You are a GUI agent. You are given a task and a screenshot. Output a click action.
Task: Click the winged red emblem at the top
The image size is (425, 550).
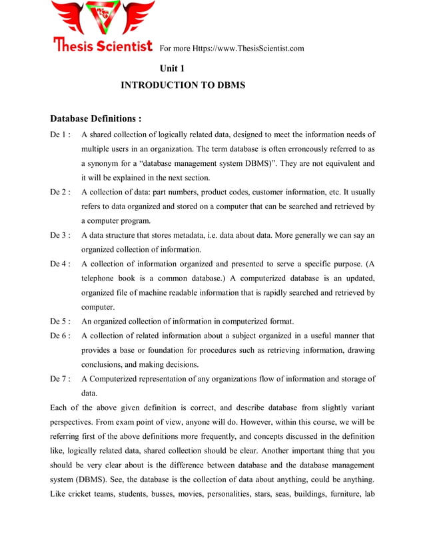click(103, 18)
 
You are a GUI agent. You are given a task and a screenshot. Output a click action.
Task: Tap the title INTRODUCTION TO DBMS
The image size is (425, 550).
click(183, 86)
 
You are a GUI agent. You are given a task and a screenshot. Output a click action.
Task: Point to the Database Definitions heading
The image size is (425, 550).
click(96, 119)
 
